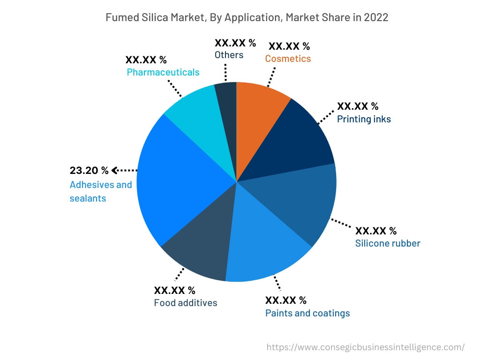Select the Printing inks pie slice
[x=293, y=141]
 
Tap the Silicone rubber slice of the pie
[x=300, y=202]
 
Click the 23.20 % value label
[x=89, y=170]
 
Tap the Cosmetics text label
[x=288, y=59]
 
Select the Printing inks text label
[x=364, y=119]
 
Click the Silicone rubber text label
[x=388, y=243]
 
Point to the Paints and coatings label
[x=307, y=313]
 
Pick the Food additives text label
[x=186, y=303]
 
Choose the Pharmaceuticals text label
[x=163, y=72]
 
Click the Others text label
[x=229, y=55]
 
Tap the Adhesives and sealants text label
[x=101, y=191]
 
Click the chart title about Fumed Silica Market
[x=240, y=17]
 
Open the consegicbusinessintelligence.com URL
[x=366, y=347]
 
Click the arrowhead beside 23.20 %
[x=114, y=170]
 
